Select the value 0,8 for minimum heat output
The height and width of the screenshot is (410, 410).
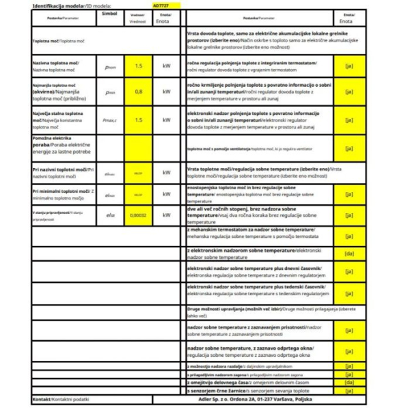(139, 92)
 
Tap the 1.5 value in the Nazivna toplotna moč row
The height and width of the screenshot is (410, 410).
(139, 66)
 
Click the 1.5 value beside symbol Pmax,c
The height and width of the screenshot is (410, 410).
(139, 120)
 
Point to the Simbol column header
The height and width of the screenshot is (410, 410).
(109, 14)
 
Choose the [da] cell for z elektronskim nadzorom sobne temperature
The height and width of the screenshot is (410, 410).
(350, 254)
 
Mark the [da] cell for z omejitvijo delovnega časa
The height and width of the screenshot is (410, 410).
(350, 383)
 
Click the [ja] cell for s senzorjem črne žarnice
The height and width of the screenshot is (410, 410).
(350, 391)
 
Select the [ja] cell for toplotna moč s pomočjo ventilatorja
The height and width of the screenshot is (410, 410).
(350, 148)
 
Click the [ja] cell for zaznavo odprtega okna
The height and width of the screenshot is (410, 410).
(350, 352)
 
